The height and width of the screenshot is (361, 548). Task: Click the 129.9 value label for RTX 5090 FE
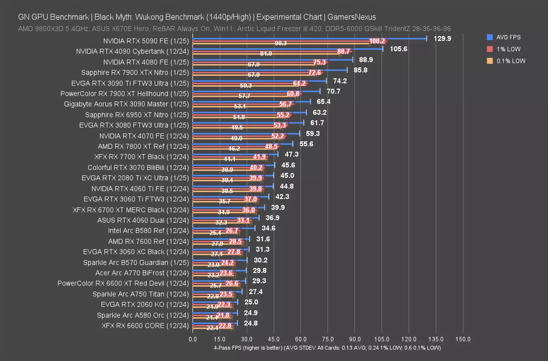(443, 39)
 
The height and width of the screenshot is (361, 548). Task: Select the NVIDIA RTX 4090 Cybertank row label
(132, 51)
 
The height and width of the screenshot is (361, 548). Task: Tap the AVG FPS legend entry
(508, 37)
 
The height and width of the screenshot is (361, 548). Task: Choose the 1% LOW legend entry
(508, 49)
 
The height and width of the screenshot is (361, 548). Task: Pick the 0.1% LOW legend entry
(511, 61)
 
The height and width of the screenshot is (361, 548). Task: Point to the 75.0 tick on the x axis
(328, 339)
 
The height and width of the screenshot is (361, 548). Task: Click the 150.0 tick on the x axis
(463, 339)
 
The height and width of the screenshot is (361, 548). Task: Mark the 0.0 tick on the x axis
(193, 339)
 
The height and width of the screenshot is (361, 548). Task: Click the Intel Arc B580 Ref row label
(148, 231)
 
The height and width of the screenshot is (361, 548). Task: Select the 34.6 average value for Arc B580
(269, 228)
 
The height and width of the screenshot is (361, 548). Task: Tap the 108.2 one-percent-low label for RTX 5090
(377, 41)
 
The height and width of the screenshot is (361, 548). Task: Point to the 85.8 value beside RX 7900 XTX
(360, 70)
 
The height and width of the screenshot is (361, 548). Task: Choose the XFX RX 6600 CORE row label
(145, 326)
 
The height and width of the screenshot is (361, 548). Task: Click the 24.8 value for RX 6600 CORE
(251, 323)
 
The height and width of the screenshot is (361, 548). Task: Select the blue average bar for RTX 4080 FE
(273, 59)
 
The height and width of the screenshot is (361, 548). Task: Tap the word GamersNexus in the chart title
(352, 17)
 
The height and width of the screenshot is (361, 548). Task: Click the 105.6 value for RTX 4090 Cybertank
(398, 49)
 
